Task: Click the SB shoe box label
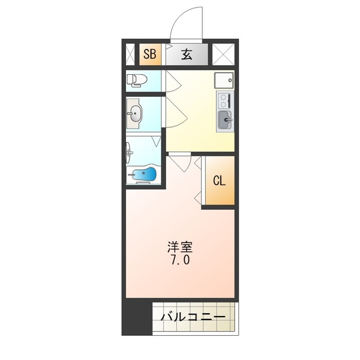click(150, 55)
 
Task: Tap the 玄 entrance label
click(187, 55)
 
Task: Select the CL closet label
click(219, 181)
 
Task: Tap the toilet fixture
click(136, 80)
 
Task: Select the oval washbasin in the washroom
click(135, 115)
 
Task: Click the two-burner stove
click(223, 101)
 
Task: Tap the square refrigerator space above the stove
click(224, 80)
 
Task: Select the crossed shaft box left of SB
click(130, 55)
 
